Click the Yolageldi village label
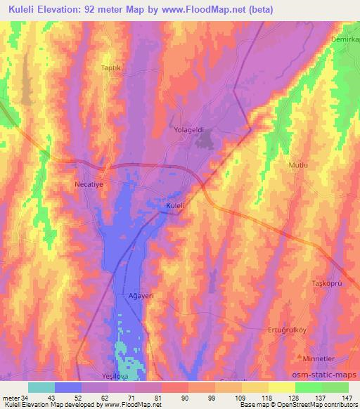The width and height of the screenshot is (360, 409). pos(189,130)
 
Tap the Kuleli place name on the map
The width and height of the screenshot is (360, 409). pos(175,205)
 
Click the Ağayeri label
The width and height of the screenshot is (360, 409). pos(136,296)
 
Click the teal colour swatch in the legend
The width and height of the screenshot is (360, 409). pos(41,387)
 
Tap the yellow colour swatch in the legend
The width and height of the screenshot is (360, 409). pos(281,387)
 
